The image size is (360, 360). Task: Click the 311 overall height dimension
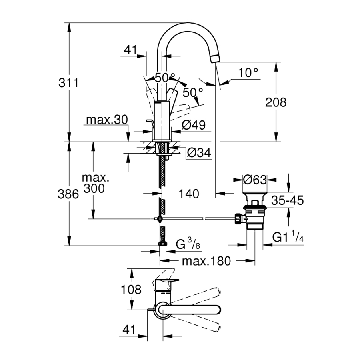click(68, 84)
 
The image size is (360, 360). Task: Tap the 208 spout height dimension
click(276, 102)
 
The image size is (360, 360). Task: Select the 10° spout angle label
click(248, 73)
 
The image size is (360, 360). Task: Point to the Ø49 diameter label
click(193, 125)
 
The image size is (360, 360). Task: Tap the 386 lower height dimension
click(68, 194)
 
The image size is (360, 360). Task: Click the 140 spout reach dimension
click(189, 194)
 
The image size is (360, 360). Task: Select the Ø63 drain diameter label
click(255, 180)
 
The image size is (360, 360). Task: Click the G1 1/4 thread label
click(288, 237)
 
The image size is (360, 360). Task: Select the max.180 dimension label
click(206, 261)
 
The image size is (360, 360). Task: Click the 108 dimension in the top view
click(132, 289)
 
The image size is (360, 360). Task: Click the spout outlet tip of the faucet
click(215, 58)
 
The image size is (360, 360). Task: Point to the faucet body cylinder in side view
click(163, 120)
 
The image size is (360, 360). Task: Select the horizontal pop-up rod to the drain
click(196, 219)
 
